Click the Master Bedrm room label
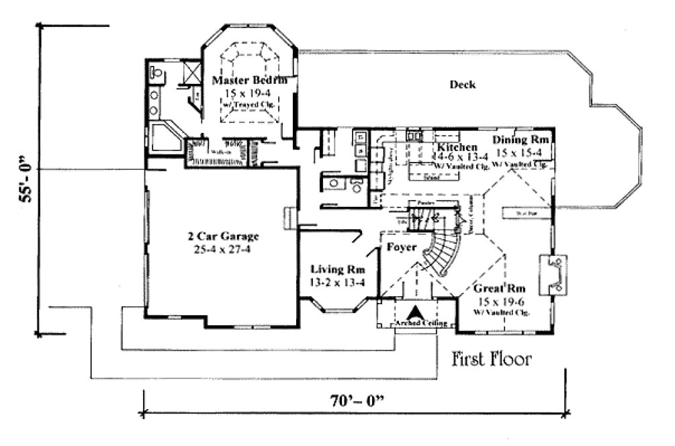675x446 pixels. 250,80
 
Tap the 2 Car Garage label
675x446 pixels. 223,236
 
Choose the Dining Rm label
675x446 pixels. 521,140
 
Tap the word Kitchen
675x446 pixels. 457,147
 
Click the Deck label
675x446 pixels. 462,85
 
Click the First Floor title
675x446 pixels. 492,359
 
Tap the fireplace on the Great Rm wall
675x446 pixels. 555,275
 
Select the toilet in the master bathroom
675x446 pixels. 156,71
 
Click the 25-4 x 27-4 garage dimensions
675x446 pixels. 223,249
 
